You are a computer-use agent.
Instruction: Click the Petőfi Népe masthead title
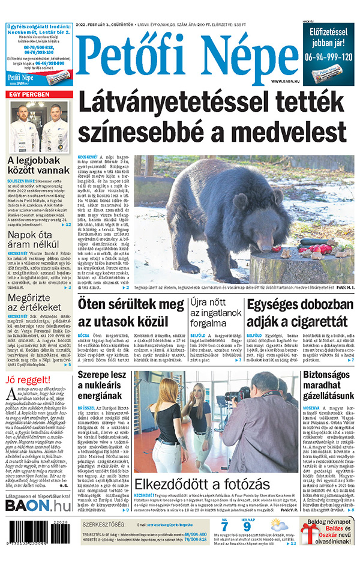coord(188,56)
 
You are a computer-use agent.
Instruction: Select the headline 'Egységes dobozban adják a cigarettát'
coord(299,313)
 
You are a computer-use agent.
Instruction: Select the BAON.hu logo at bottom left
coord(38,506)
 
